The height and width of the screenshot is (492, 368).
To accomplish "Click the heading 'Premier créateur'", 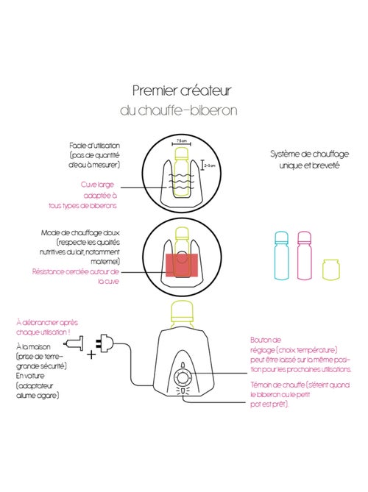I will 183,91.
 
